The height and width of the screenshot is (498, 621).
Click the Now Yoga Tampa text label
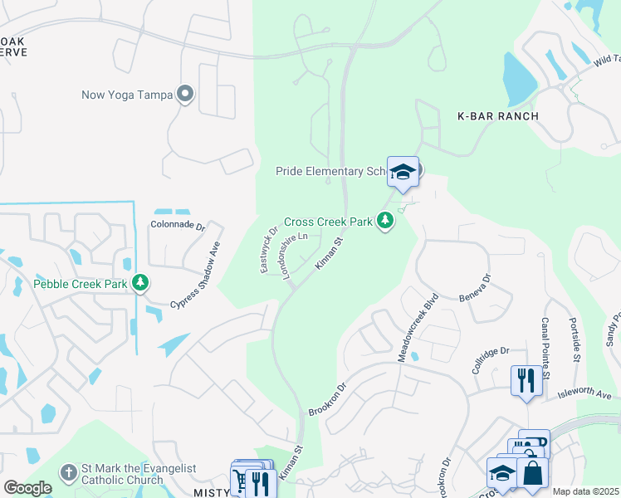pos(127,95)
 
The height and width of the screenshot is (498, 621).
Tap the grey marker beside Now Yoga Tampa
pos(186,95)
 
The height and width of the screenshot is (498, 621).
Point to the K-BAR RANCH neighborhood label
pos(498,116)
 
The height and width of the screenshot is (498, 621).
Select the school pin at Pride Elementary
pos(403,172)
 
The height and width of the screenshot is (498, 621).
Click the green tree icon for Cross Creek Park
pos(384,222)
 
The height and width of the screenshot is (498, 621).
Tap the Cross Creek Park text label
pos(327,222)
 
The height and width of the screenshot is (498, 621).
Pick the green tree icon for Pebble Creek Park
pos(141,284)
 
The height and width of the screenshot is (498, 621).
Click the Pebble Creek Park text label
pos(81,284)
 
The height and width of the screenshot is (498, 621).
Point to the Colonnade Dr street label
pos(177,224)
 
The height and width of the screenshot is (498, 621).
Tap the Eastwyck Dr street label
pos(269,247)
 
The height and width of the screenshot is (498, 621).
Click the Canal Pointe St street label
pos(545,348)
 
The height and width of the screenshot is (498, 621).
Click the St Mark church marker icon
pos(68,471)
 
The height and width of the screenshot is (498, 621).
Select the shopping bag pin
pos(532,472)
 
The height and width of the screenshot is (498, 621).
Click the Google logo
pos(27,488)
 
